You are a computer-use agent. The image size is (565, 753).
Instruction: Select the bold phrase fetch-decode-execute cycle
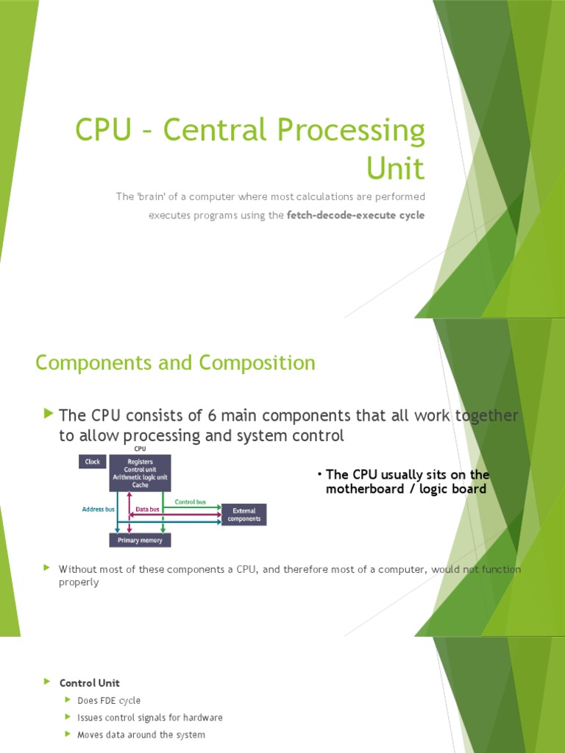pyautogui.click(x=355, y=215)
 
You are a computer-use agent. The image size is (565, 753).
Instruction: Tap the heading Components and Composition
pyautogui.click(x=175, y=363)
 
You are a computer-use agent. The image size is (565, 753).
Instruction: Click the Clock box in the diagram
pyautogui.click(x=92, y=462)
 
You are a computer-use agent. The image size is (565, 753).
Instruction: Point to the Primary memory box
pyautogui.click(x=140, y=540)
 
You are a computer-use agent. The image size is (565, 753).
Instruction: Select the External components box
pyautogui.click(x=244, y=515)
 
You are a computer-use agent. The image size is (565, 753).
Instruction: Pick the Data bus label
pyautogui.click(x=149, y=508)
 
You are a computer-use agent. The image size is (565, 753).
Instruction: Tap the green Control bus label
pyautogui.click(x=190, y=502)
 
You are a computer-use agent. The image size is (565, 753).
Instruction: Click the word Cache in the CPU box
pyautogui.click(x=140, y=485)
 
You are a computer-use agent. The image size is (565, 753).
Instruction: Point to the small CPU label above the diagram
pyautogui.click(x=140, y=449)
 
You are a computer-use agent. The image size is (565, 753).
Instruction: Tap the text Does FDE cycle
pyautogui.click(x=109, y=701)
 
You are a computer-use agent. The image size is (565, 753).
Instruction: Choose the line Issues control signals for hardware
pyautogui.click(x=150, y=718)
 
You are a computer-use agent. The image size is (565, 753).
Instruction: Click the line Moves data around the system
pyautogui.click(x=141, y=735)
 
